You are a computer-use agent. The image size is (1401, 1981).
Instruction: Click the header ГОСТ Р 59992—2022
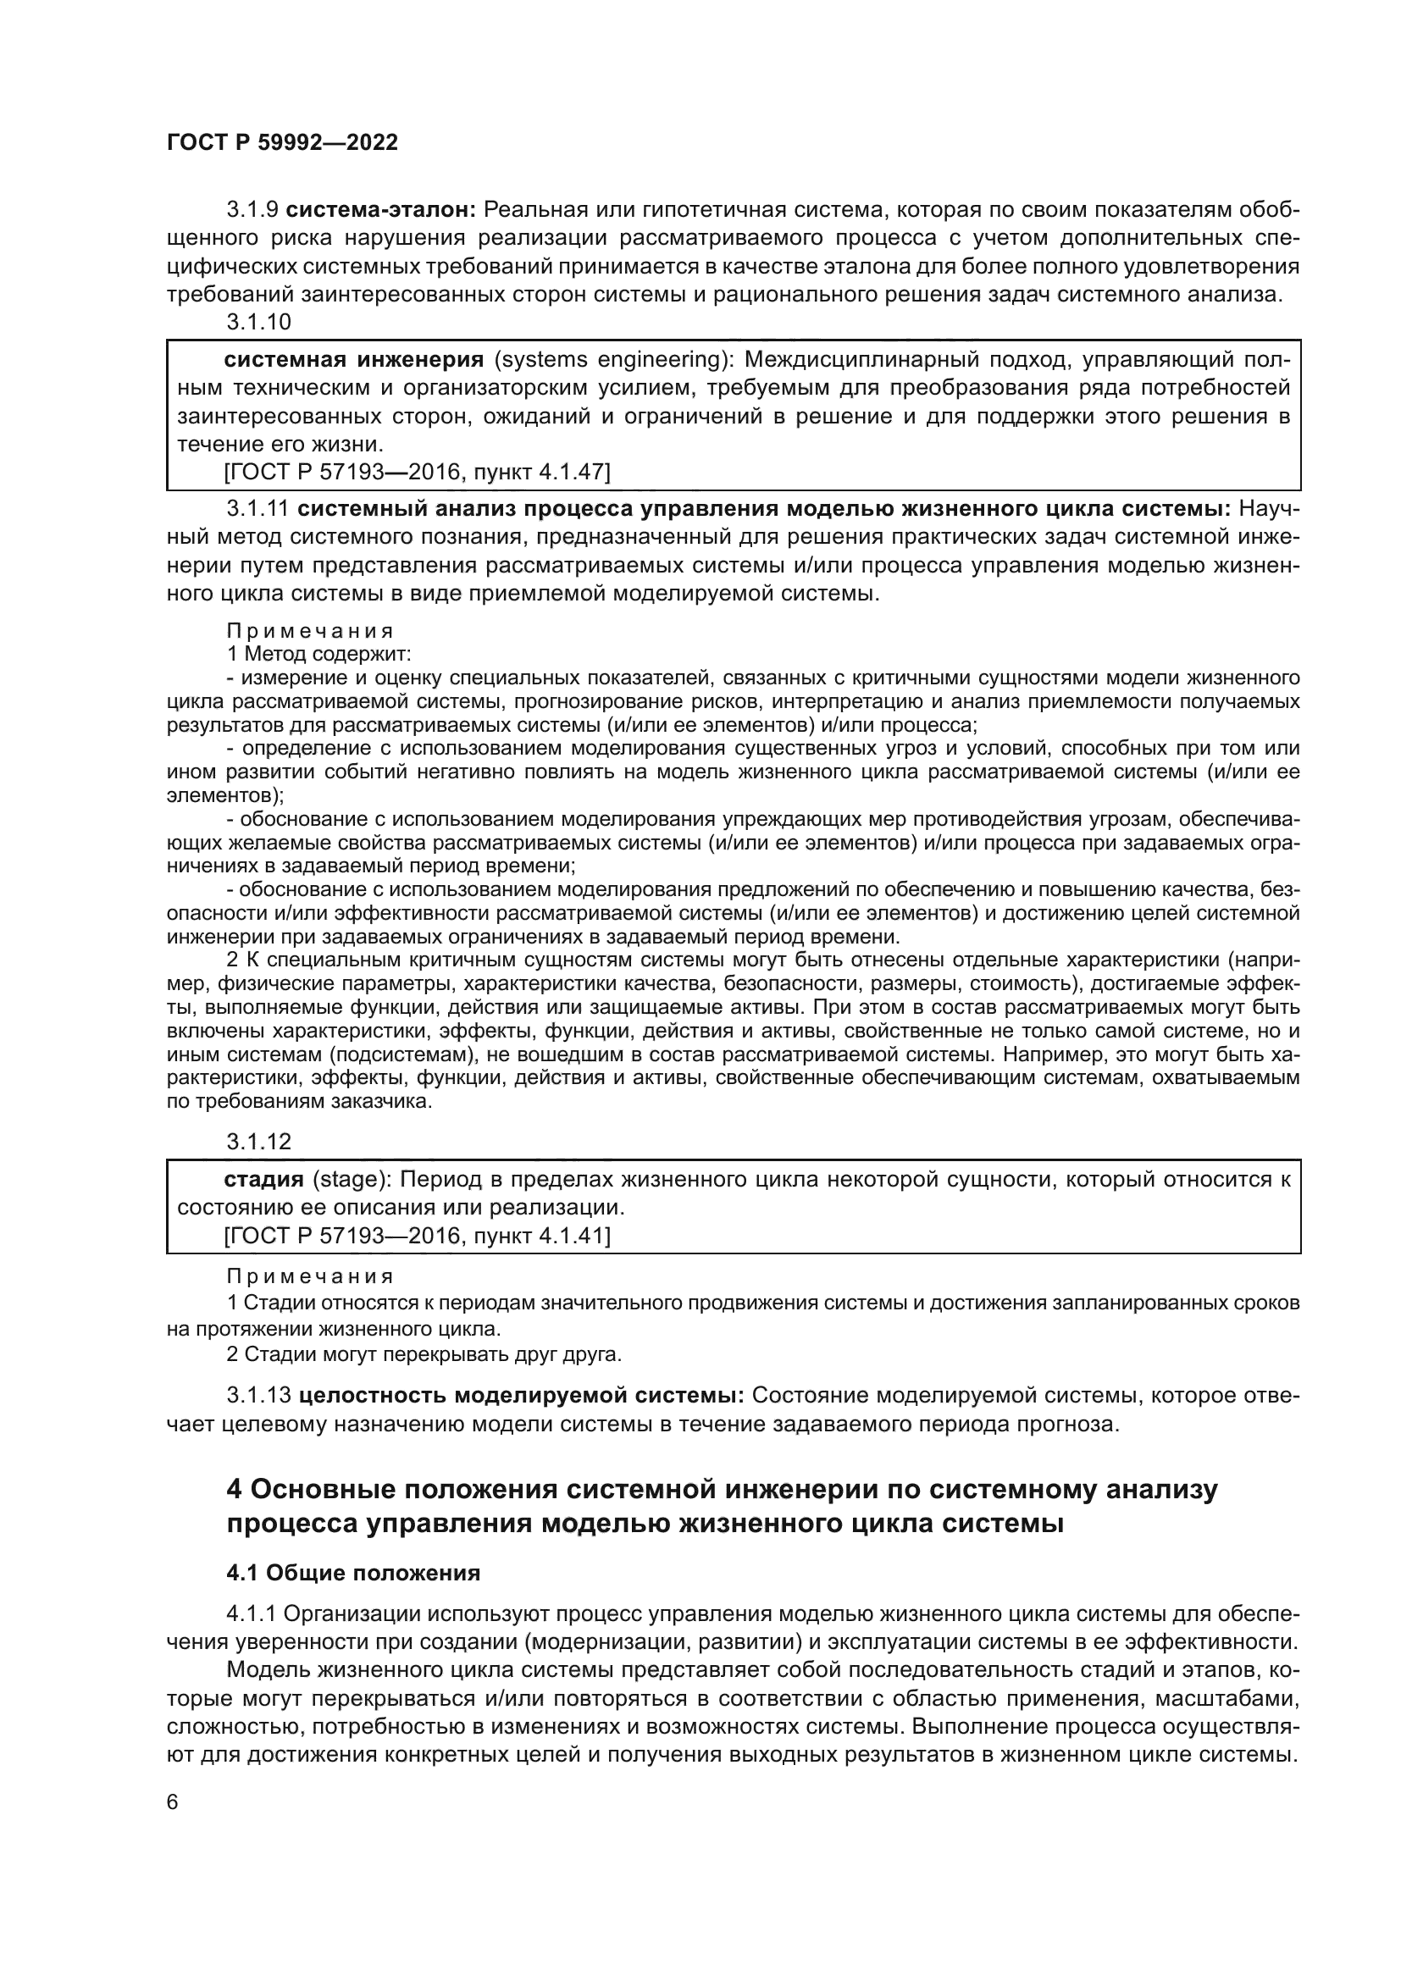coord(282,143)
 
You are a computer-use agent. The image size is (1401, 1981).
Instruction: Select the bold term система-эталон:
coord(380,210)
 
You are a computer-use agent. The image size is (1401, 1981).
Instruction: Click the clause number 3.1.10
coord(259,322)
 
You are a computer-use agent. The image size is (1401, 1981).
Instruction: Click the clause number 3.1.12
coord(259,1142)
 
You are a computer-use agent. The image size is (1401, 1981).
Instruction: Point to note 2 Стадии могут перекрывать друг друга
coord(424,1353)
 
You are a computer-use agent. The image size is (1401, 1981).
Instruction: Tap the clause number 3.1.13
coord(259,1395)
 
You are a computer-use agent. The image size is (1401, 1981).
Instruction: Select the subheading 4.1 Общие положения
coord(353,1572)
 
